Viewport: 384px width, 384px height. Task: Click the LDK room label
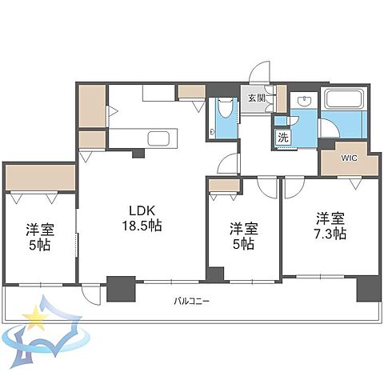click(142, 211)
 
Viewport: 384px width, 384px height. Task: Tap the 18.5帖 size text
click(142, 226)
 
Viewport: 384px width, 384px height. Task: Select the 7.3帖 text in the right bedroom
click(330, 234)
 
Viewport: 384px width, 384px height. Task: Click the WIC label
click(349, 158)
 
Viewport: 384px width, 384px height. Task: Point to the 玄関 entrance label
click(257, 98)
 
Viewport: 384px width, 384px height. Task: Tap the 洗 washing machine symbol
click(283, 138)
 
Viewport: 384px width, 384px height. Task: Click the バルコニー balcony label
click(192, 302)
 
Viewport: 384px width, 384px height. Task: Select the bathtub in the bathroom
click(345, 99)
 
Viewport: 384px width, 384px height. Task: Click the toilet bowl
click(224, 108)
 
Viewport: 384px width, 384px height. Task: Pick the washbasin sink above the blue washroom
click(304, 101)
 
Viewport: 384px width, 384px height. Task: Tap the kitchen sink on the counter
click(158, 138)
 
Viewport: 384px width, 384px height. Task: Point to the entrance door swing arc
click(258, 71)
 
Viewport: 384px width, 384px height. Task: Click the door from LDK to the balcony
click(90, 294)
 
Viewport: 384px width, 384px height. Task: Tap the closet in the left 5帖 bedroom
click(40, 178)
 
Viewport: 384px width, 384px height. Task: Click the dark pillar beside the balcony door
click(121, 289)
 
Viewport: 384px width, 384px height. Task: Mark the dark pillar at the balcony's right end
click(369, 289)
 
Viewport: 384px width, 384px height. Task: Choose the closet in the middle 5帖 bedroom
click(224, 186)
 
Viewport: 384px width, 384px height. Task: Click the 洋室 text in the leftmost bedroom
click(40, 230)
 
